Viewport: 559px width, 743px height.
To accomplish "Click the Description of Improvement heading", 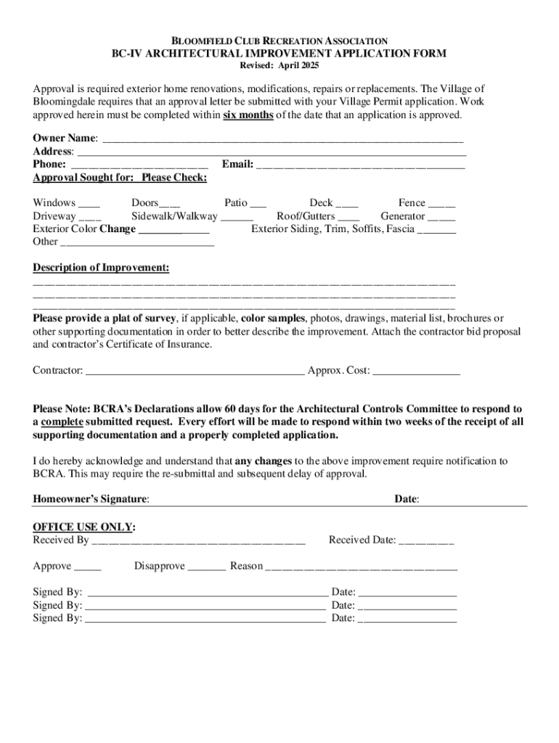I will tap(101, 268).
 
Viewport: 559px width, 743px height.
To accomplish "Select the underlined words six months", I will tap(248, 115).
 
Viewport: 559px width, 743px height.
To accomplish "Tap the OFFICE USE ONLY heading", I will tap(84, 527).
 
